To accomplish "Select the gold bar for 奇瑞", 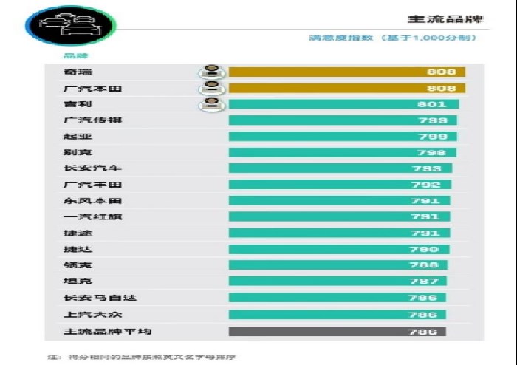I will point(346,72).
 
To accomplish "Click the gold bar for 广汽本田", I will point(346,89).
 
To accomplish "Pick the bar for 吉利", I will point(343,105).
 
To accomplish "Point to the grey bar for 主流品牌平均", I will point(338,332).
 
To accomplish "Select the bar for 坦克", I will point(338,282).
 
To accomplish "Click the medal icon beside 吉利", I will point(211,104).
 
